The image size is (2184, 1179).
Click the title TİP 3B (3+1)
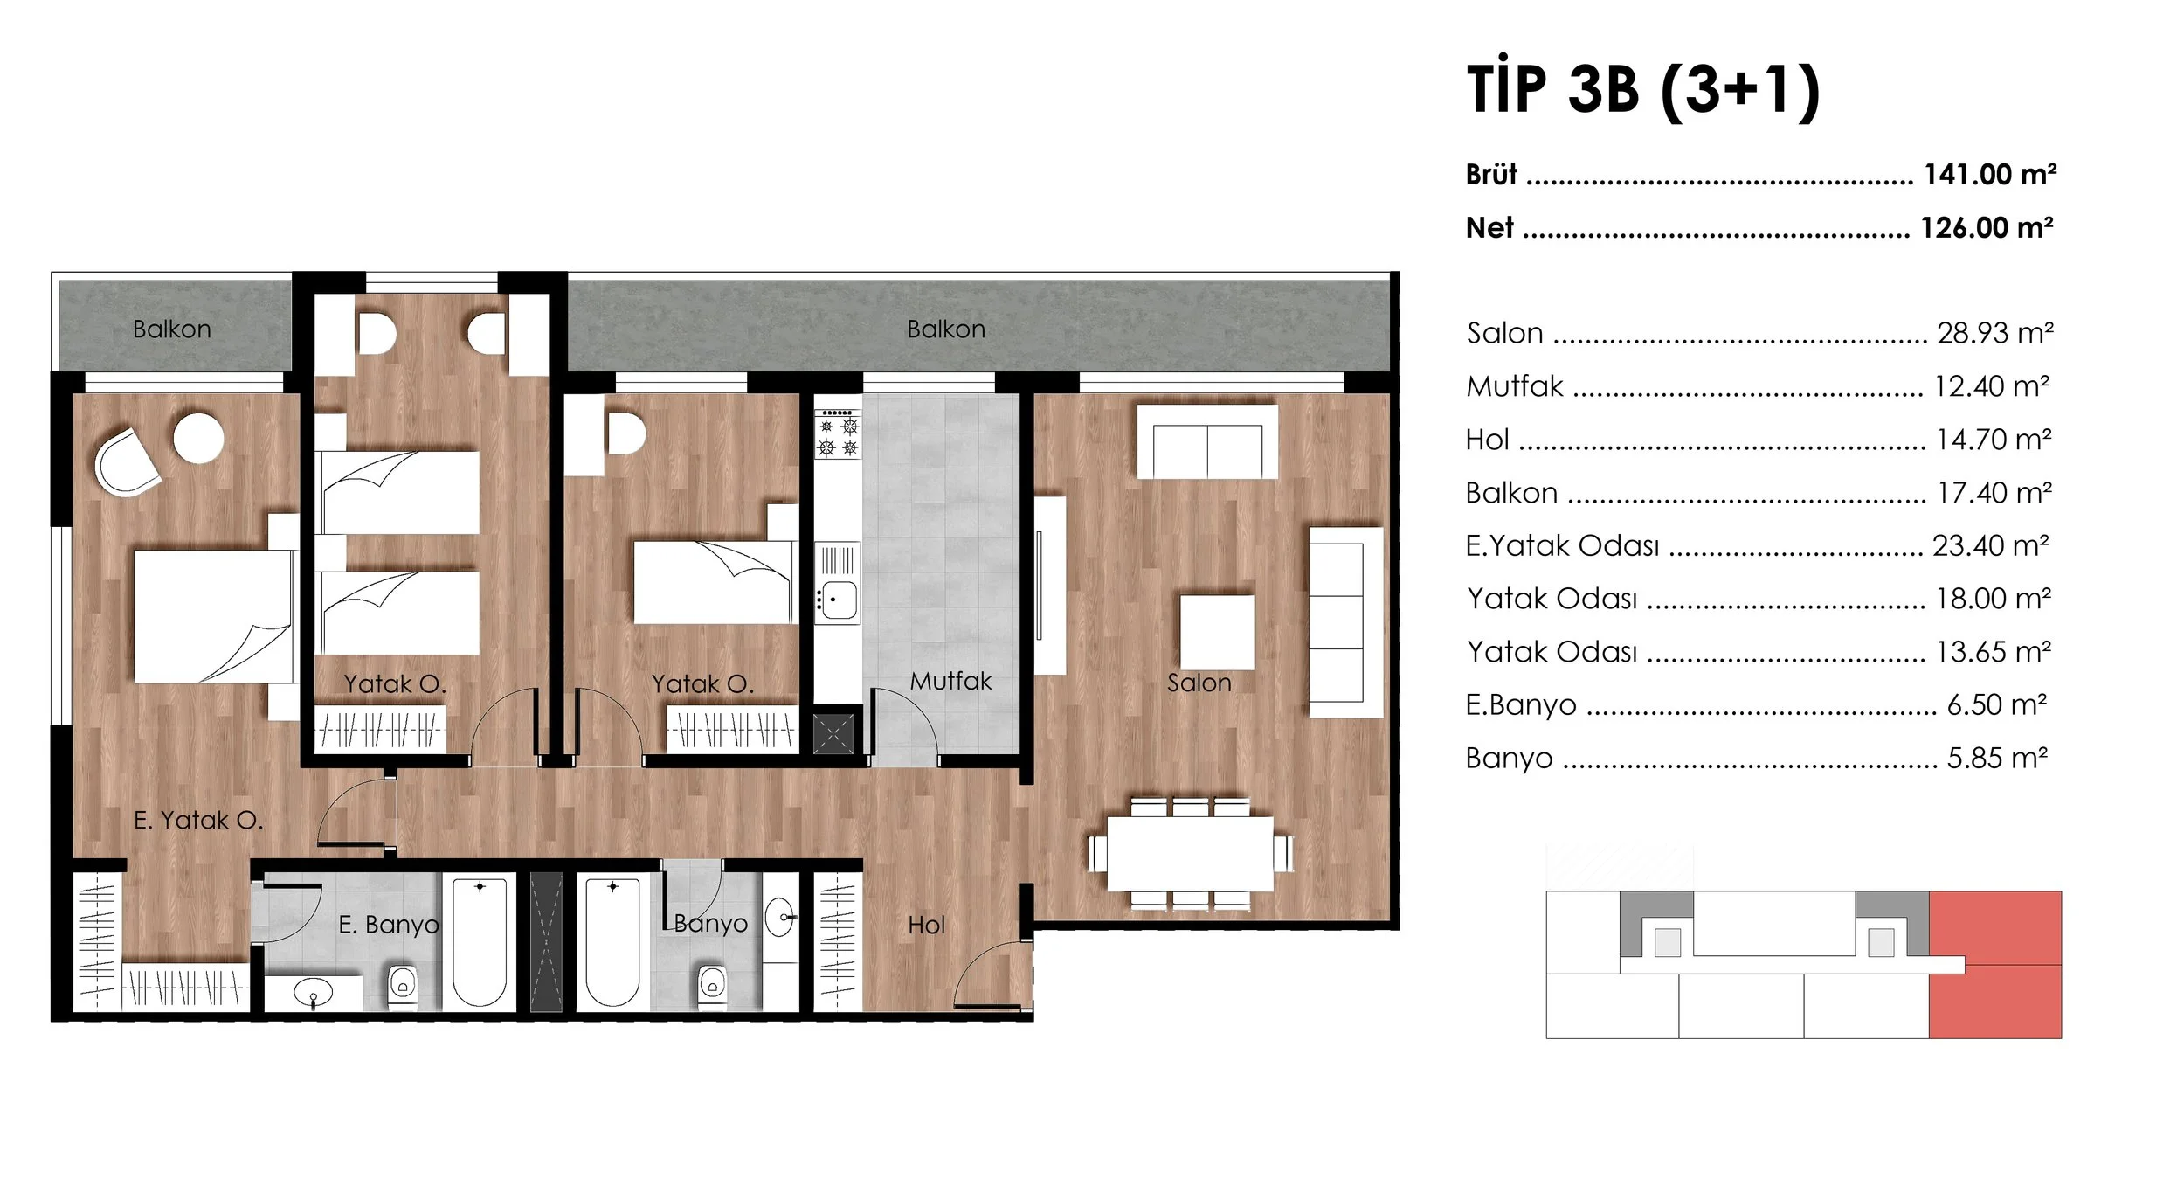(1643, 89)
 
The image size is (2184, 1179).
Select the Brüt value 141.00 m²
(1989, 175)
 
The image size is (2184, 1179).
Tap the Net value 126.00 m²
(1986, 228)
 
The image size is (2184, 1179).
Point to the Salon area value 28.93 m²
(1994, 333)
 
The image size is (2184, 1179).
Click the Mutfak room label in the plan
(950, 681)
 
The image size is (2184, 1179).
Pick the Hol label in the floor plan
(926, 925)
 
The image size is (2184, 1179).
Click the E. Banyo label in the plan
(389, 924)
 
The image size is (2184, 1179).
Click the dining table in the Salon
(1190, 853)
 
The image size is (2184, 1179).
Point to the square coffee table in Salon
(1217, 632)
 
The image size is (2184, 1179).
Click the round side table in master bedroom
(198, 437)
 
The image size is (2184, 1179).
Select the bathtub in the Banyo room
(612, 942)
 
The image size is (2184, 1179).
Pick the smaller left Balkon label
(172, 329)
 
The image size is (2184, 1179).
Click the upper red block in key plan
(1994, 926)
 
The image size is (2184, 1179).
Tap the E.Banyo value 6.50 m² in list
(1996, 704)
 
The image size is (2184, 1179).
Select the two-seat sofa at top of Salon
(1206, 442)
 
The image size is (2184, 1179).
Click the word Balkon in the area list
(1511, 493)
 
